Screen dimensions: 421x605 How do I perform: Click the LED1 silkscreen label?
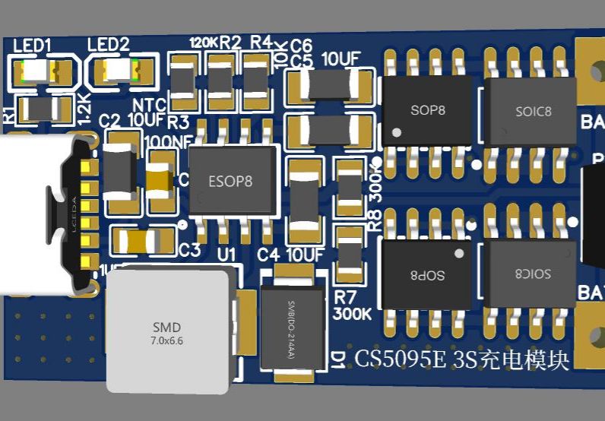32,46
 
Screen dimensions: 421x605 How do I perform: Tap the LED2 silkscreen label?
109,45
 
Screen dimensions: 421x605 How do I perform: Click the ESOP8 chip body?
230,182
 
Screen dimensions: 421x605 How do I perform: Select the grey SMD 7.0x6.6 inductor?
168,331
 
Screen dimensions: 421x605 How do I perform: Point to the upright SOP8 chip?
427,110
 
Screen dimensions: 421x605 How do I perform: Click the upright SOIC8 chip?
532,112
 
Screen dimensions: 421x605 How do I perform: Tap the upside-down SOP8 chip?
427,274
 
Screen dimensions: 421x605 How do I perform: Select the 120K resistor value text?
203,43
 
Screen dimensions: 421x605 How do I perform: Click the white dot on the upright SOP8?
396,134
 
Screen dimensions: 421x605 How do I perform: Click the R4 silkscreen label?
261,41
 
